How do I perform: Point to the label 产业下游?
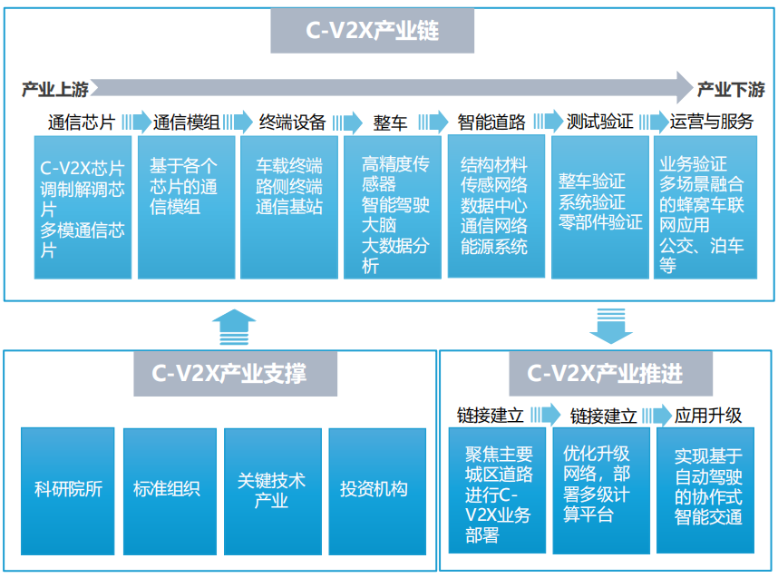click(x=731, y=89)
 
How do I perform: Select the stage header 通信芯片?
click(x=81, y=122)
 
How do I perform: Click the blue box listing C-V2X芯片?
click(x=83, y=207)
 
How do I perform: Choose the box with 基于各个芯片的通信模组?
click(x=186, y=207)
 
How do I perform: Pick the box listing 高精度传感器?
click(x=394, y=207)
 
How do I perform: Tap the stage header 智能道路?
click(x=491, y=122)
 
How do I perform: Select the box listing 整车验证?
click(x=600, y=207)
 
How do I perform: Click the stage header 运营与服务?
click(x=711, y=122)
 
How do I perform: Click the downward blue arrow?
click(x=610, y=325)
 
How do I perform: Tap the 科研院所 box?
click(x=68, y=490)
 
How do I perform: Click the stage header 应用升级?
click(x=708, y=416)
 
